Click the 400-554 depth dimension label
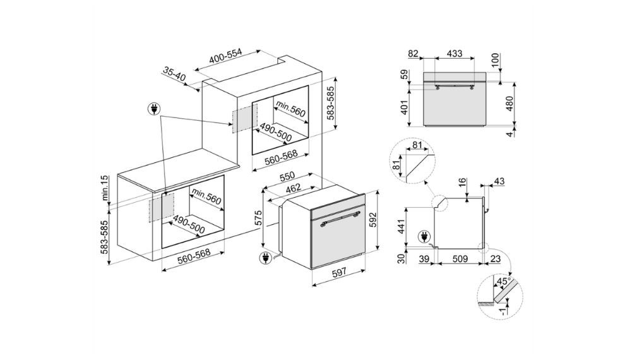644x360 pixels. pyautogui.click(x=226, y=56)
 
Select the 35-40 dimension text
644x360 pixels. pyautogui.click(x=174, y=76)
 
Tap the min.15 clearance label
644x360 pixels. pyautogui.click(x=106, y=188)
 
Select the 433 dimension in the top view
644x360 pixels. pyautogui.click(x=454, y=54)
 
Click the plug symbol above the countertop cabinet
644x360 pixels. pyautogui.click(x=152, y=110)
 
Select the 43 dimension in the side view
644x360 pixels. pyautogui.click(x=500, y=183)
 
